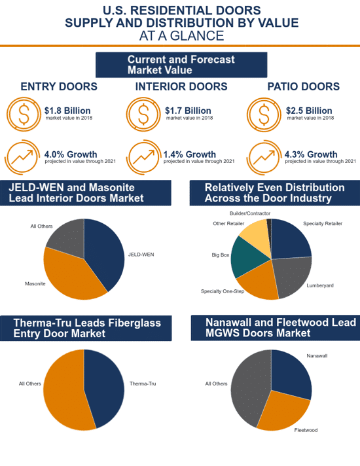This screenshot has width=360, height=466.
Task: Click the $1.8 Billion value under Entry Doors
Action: click(67, 111)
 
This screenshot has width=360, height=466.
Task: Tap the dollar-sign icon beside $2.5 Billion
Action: click(263, 115)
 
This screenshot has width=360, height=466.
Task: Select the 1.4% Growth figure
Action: click(190, 154)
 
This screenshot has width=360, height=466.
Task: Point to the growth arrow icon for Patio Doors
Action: click(264, 157)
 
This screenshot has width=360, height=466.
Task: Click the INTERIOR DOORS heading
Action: click(181, 86)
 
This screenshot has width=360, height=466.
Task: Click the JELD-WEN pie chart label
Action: click(141, 255)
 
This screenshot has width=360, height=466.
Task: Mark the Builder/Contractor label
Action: click(250, 213)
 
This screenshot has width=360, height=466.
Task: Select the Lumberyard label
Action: click(320, 285)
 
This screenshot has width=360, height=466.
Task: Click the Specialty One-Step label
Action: click(223, 291)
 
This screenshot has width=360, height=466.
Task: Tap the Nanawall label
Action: click(317, 356)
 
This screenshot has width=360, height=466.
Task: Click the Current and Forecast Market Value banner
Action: click(181, 65)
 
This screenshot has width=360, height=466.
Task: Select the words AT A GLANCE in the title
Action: click(181, 36)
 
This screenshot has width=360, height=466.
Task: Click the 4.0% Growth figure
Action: click(71, 154)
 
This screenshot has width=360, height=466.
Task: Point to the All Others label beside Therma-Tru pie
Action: click(30, 384)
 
